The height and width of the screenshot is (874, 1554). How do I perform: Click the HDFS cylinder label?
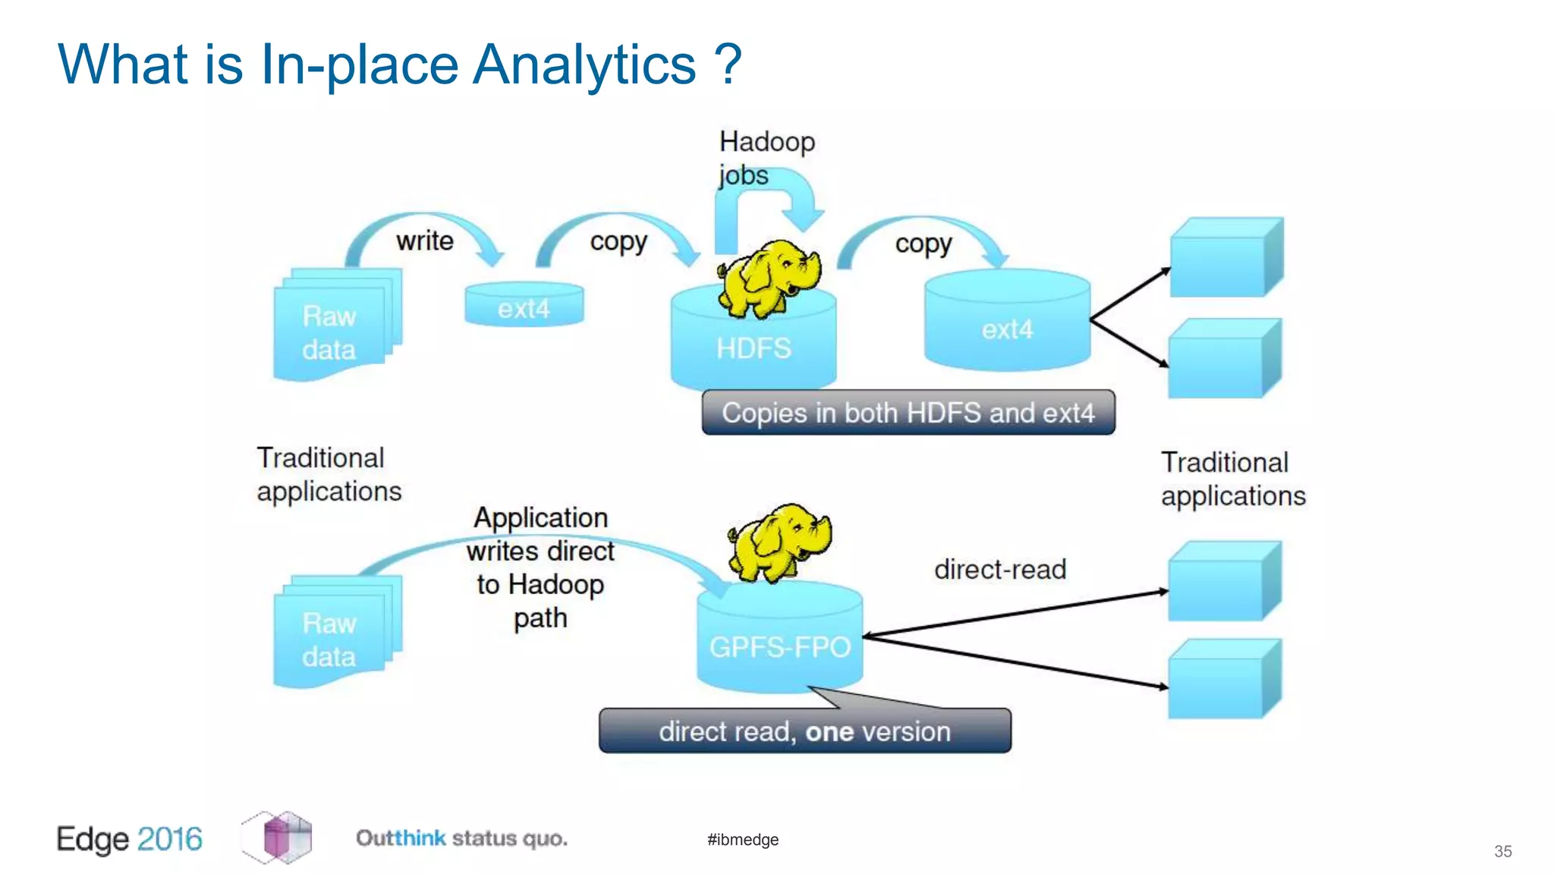coord(753,348)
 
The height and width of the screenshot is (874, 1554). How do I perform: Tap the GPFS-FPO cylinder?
coord(779,645)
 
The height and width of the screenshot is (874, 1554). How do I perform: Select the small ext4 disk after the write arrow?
coord(524,306)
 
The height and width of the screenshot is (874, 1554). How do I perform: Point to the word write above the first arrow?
coord(424,241)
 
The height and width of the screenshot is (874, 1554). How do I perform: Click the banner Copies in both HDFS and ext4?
coord(908,413)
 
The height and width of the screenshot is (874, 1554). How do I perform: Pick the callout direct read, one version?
coord(804,731)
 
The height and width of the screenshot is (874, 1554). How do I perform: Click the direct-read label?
coord(999,569)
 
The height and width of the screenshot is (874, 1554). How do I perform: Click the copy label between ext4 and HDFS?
coord(618,241)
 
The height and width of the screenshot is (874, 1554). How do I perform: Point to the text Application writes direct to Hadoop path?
coord(540,567)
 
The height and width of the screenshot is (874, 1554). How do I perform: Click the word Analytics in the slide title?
coord(584,64)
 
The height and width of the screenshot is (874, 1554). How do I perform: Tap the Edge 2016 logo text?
coord(129,838)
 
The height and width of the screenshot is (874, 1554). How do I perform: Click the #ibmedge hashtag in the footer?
coord(742,839)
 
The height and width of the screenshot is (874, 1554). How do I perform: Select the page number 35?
coord(1502,851)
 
